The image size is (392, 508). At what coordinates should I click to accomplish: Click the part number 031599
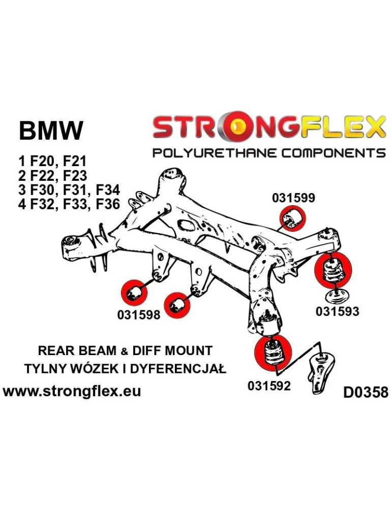[x=293, y=198]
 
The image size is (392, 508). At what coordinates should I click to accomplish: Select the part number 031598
[x=138, y=314]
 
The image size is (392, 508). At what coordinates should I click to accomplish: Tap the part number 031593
[x=337, y=311]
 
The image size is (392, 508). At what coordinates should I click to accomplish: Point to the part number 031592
[x=269, y=386]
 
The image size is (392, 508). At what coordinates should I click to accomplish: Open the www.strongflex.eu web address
[x=72, y=391]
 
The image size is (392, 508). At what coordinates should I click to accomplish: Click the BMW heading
[x=50, y=131]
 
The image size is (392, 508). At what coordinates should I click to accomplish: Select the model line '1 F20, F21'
[x=52, y=162]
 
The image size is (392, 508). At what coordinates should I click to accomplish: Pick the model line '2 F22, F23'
[x=53, y=176]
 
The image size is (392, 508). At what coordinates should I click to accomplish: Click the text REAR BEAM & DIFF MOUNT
[x=125, y=351]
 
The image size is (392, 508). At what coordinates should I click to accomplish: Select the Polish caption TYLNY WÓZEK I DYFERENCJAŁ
[x=125, y=369]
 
